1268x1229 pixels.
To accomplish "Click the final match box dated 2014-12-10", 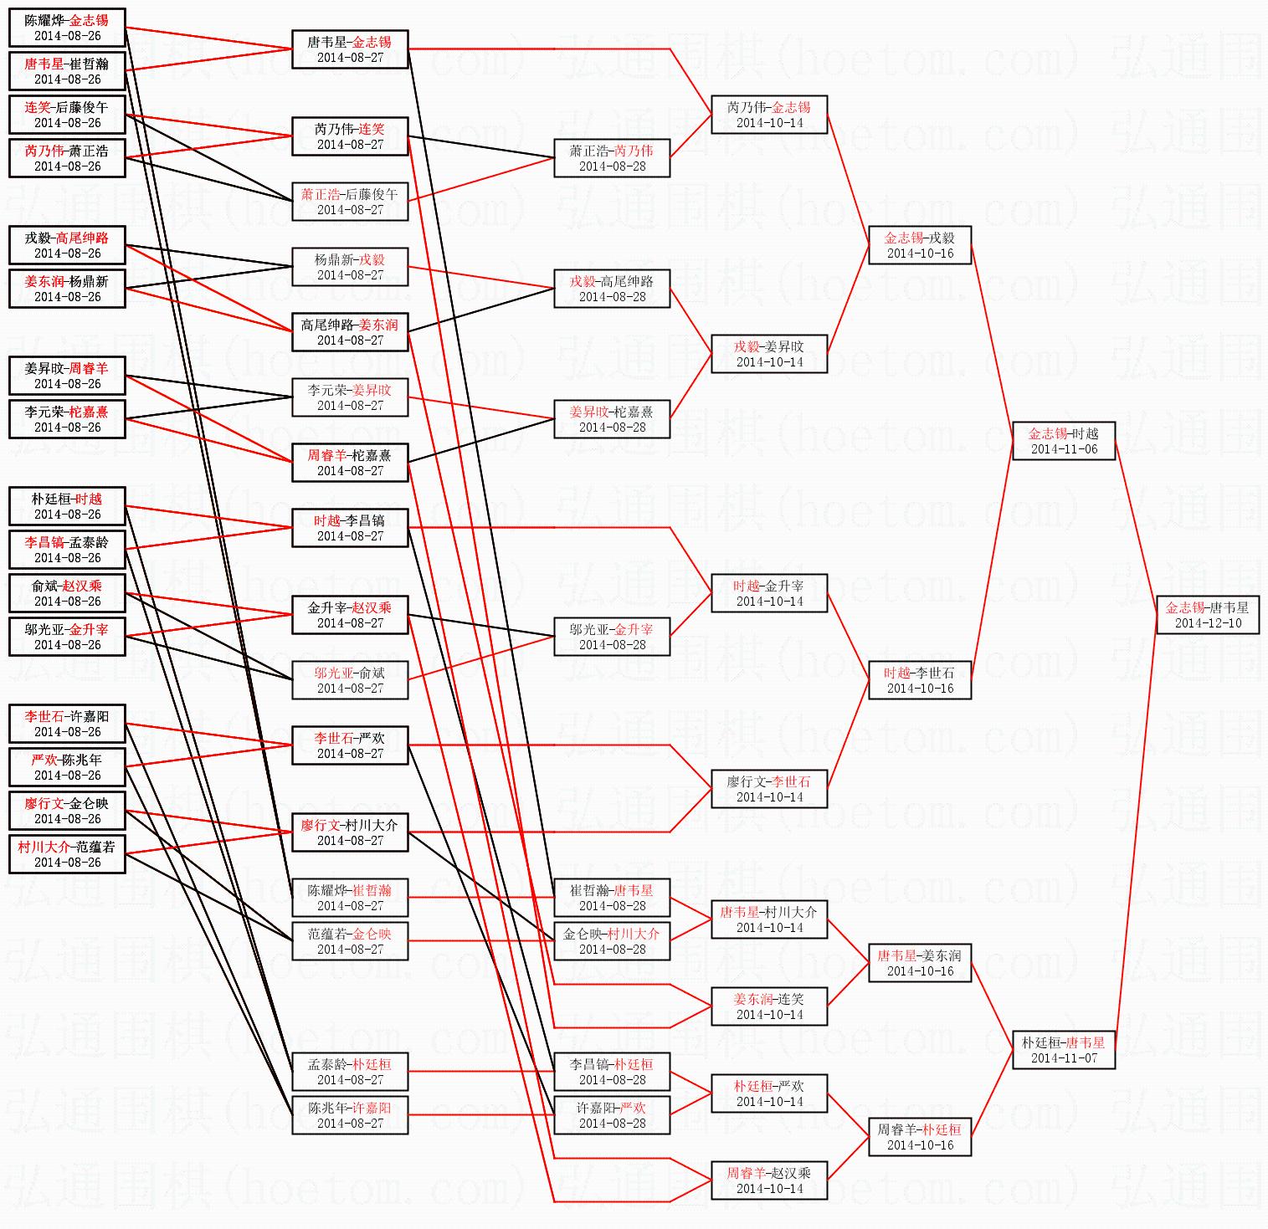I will [x=1208, y=615].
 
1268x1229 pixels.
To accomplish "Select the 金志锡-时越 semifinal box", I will [x=1063, y=441].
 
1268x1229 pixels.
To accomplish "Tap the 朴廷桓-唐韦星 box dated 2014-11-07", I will [x=1063, y=1050].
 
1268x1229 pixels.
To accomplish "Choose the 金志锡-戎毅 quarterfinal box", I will [x=920, y=245].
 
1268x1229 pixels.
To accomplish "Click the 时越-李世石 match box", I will [x=920, y=680].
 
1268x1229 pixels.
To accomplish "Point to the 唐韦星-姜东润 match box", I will [x=920, y=963].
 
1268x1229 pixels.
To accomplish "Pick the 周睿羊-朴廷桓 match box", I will [x=920, y=1137].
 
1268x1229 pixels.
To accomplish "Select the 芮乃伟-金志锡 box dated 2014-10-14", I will [x=769, y=115].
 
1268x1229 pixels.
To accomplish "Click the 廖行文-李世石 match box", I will [x=769, y=789].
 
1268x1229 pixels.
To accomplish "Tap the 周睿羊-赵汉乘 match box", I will [x=769, y=1180].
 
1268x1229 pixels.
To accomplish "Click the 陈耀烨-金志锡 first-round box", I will [x=67, y=28].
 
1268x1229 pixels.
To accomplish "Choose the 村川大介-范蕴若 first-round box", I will [x=67, y=854].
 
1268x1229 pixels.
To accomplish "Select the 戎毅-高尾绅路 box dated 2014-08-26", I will [x=67, y=245].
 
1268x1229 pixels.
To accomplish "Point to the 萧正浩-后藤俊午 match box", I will [x=350, y=202].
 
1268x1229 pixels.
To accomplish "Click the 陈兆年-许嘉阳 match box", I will [x=350, y=1115].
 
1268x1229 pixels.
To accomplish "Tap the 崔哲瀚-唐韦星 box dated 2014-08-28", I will [x=612, y=898].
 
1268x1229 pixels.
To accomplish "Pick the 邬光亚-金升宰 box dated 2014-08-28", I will [x=612, y=637].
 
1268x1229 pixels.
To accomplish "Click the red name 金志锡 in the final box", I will [x=1185, y=607].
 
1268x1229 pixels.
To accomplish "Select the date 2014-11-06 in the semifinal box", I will [x=1063, y=449].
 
